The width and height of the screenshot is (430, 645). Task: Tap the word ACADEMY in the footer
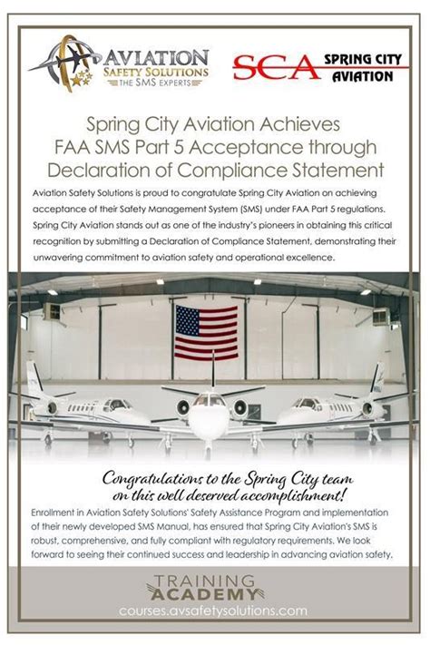[215, 595]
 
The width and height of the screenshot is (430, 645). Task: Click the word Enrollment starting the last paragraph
[57, 513]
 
